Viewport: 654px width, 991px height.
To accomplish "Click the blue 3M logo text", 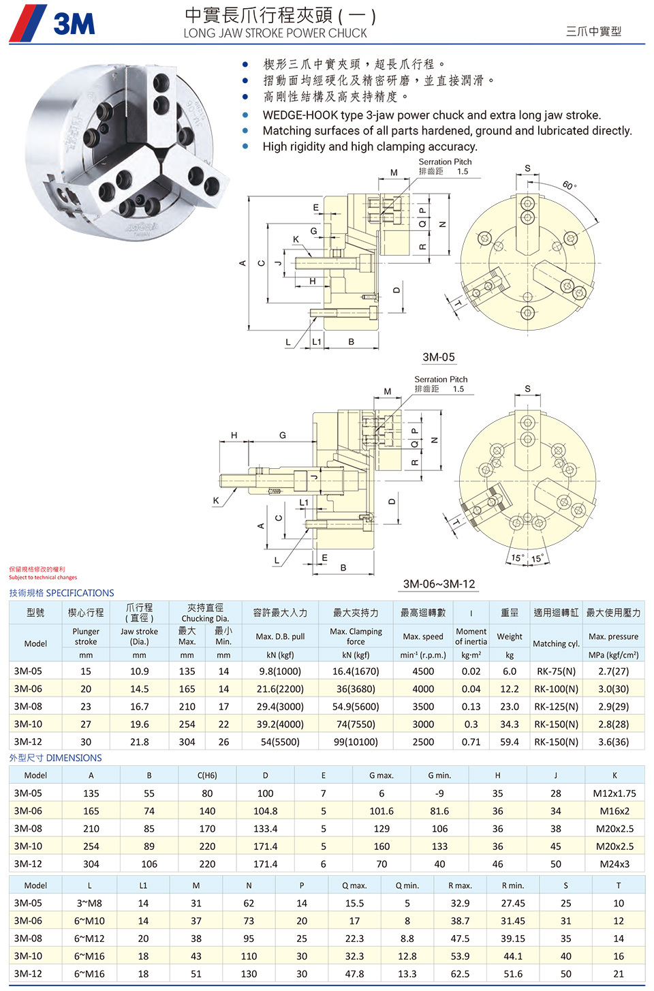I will tap(74, 24).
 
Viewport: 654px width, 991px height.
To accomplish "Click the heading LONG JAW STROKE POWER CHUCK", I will tap(275, 33).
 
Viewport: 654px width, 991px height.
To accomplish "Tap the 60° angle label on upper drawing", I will tap(570, 185).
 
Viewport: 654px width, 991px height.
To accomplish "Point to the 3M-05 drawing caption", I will tap(438, 357).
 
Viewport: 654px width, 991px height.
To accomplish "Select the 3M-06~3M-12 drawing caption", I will tap(439, 584).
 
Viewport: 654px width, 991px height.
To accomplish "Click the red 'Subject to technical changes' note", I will tap(43, 577).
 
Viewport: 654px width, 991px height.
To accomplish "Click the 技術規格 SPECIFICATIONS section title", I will tap(61, 593).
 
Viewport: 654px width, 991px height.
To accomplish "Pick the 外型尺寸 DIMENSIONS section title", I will tap(55, 758).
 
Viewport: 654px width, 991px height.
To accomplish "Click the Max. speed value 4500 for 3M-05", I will tap(423, 671).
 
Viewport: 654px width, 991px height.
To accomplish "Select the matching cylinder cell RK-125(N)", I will tap(556, 707).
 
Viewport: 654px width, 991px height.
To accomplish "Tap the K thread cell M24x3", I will tap(614, 864).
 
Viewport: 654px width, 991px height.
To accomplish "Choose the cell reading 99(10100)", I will tap(356, 742).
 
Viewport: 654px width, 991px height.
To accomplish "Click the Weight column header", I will tap(510, 637).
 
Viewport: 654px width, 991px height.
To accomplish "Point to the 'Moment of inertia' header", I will tap(471, 637).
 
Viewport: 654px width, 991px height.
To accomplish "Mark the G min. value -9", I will tap(439, 793).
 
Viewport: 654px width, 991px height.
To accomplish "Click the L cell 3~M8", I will tap(89, 903).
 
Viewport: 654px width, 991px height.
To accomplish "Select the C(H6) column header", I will tap(207, 775).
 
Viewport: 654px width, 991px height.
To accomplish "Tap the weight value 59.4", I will tap(510, 742).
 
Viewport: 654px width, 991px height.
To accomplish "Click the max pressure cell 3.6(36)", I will tap(613, 742).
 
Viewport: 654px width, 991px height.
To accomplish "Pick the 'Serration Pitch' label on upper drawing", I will tap(445, 162).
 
